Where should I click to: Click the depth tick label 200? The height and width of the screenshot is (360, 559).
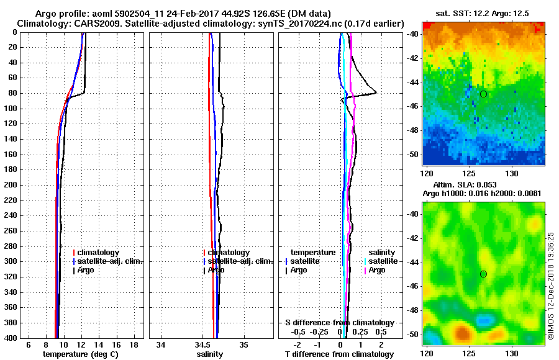click(11, 185)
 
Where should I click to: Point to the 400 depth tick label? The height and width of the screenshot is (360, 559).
click(11, 338)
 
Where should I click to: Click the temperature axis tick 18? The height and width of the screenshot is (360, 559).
click(133, 344)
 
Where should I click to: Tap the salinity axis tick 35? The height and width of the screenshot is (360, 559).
click(244, 344)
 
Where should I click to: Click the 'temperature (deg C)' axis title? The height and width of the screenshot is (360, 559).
click(80, 354)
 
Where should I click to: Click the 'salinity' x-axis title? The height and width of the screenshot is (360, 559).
click(209, 354)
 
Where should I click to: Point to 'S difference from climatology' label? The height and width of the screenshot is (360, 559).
click(340, 323)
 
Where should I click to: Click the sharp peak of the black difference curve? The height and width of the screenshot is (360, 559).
click(376, 93)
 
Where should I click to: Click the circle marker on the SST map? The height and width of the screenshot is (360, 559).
click(483, 94)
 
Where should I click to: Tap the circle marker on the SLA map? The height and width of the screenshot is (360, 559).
click(483, 274)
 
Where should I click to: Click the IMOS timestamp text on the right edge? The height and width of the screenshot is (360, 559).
click(552, 286)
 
